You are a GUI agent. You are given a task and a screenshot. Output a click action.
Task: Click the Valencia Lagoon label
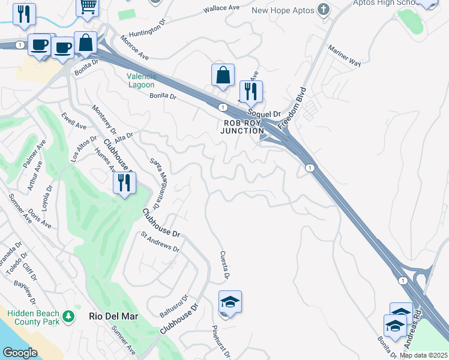click(142, 80)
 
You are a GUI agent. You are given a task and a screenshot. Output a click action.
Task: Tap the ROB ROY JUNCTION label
click(243, 127)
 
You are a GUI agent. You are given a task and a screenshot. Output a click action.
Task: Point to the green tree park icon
click(69, 316)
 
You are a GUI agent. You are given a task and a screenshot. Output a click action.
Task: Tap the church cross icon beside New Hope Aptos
click(324, 10)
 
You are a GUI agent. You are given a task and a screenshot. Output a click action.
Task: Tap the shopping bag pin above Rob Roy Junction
click(223, 76)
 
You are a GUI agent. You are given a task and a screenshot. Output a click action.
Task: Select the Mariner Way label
click(343, 55)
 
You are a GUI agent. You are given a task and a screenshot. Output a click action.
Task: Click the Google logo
click(20, 353)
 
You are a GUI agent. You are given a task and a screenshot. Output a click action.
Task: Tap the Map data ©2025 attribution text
click(423, 355)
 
